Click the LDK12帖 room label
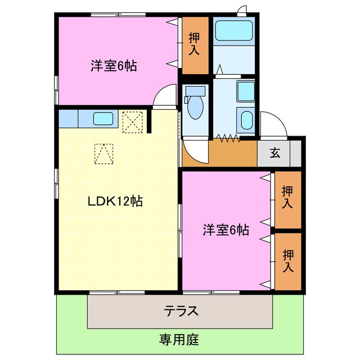pyautogui.click(x=114, y=201)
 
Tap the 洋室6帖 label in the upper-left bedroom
pyautogui.click(x=114, y=65)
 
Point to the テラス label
pyautogui.click(x=180, y=310)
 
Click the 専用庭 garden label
pyautogui.click(x=179, y=340)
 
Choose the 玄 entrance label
pyautogui.click(x=274, y=152)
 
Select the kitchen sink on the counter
pyautogui.click(x=103, y=118)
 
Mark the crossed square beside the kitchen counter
pyautogui.click(x=133, y=120)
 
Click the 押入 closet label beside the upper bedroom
pyautogui.click(x=194, y=44)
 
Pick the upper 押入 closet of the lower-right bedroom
pyautogui.click(x=287, y=198)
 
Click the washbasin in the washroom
pyautogui.click(x=246, y=119)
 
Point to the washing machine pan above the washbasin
pyautogui.click(x=245, y=91)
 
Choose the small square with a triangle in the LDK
pyautogui.click(x=104, y=153)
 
